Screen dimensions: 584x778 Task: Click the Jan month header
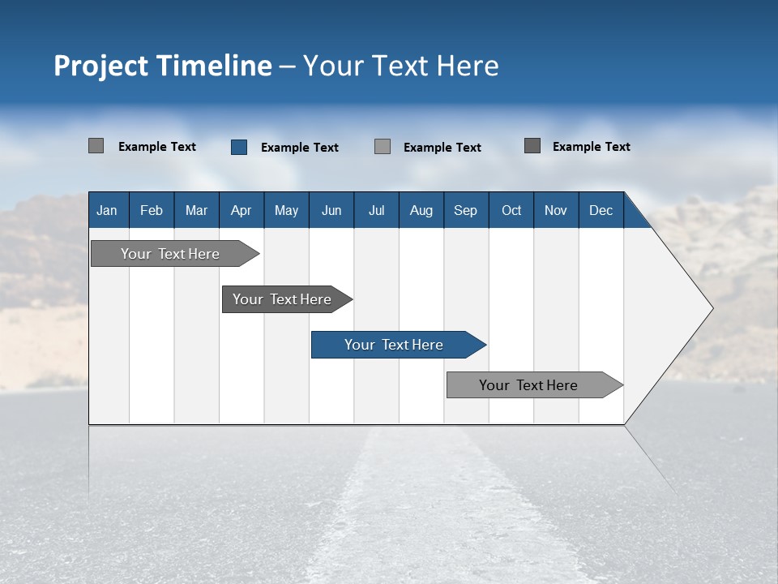click(107, 210)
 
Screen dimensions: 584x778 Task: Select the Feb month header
click(152, 210)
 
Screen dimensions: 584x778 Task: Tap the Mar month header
click(196, 210)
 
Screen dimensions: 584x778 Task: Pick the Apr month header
click(241, 210)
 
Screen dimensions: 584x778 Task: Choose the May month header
click(286, 210)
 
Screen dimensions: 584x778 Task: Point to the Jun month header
click(331, 210)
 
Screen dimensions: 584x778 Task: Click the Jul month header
click(376, 210)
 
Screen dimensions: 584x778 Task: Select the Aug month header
click(421, 210)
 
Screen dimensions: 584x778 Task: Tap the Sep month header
click(465, 210)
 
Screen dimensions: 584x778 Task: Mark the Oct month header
click(511, 210)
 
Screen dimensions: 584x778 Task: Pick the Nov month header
click(556, 210)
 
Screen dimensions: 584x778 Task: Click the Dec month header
click(601, 210)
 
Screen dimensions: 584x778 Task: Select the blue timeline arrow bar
click(397, 345)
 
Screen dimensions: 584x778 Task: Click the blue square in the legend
click(239, 147)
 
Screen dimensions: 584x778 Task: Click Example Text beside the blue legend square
click(300, 148)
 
